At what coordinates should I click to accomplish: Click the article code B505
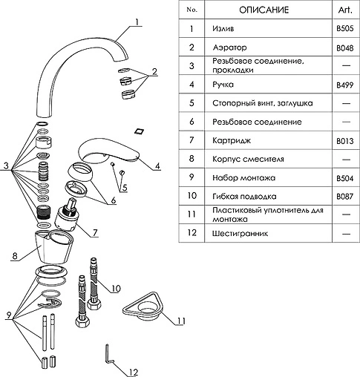point(344,28)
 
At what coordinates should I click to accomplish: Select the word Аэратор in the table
point(229,47)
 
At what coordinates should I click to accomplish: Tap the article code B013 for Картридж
point(344,141)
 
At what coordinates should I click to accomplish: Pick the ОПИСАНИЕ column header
point(264,10)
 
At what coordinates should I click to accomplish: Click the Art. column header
point(345,10)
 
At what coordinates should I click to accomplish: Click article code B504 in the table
point(344,178)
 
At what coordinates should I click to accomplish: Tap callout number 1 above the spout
point(137,22)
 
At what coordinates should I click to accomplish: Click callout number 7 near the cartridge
point(95,232)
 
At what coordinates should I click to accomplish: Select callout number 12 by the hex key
point(133,372)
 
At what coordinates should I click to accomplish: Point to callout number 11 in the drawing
point(180,321)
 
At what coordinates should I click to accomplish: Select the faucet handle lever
point(109,151)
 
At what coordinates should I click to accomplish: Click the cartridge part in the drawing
point(66,215)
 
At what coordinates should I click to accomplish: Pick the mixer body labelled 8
point(54,246)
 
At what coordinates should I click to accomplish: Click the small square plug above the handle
point(140,131)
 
